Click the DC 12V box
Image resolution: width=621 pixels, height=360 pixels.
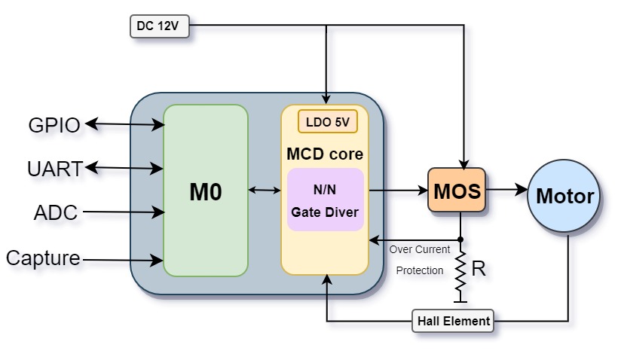click(160, 26)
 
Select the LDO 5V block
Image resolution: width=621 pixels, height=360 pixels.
click(328, 122)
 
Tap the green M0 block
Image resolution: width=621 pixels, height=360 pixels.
click(206, 191)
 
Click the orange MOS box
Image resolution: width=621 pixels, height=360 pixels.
click(457, 190)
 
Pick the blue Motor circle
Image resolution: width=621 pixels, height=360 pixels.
click(564, 196)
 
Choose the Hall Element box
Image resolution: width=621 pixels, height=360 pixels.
click(453, 321)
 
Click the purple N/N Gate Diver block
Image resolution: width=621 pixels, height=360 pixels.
click(325, 200)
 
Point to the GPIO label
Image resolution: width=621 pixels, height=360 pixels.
click(54, 126)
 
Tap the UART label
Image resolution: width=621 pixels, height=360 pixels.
click(55, 169)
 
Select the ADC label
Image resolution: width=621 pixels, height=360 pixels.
click(56, 213)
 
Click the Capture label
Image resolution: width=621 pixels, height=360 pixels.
click(43, 258)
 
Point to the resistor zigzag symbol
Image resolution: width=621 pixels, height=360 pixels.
click(460, 271)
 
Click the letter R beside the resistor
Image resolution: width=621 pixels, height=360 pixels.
click(479, 269)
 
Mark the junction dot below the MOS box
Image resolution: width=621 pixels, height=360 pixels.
click(460, 239)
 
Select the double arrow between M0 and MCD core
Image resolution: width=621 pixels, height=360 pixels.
click(265, 191)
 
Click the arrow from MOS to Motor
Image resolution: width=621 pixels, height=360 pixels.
click(507, 190)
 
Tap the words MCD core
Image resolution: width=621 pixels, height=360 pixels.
click(325, 154)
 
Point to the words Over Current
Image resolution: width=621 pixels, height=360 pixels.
click(420, 249)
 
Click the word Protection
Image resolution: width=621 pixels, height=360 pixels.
click(420, 270)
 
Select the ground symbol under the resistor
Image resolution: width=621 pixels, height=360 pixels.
click(460, 300)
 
